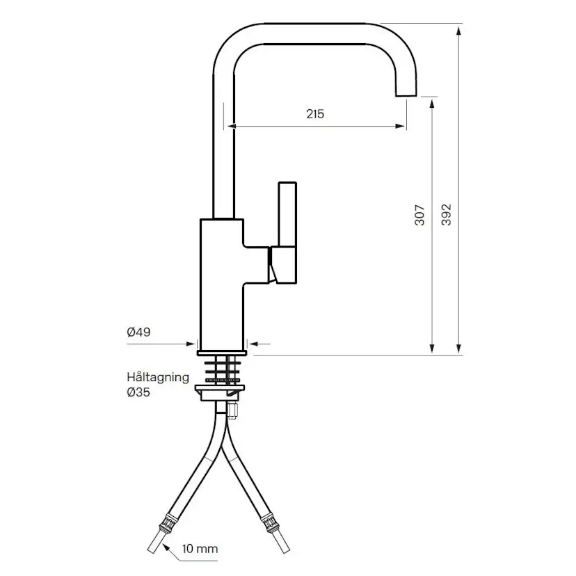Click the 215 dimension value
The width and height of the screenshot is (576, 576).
coord(315,114)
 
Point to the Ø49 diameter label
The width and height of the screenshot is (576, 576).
coord(139,333)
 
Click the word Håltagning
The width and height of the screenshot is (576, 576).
coord(158,377)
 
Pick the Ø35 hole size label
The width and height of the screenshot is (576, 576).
coord(139,392)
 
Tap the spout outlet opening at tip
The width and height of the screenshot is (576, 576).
coord(406,96)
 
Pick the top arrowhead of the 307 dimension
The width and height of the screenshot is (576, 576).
coord(433,103)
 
